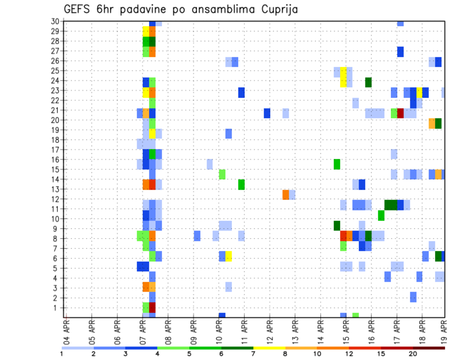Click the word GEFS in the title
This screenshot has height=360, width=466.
(78, 9)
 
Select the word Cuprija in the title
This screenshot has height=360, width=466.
(277, 9)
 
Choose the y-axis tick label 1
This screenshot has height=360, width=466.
(56, 308)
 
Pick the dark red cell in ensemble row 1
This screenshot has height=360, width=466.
(152, 308)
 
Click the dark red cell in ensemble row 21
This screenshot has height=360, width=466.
(400, 113)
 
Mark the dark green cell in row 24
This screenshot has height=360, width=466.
(368, 82)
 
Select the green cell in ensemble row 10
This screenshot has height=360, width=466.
(381, 215)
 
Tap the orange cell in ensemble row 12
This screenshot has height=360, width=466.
(286, 195)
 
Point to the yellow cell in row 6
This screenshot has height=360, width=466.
(229, 256)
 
